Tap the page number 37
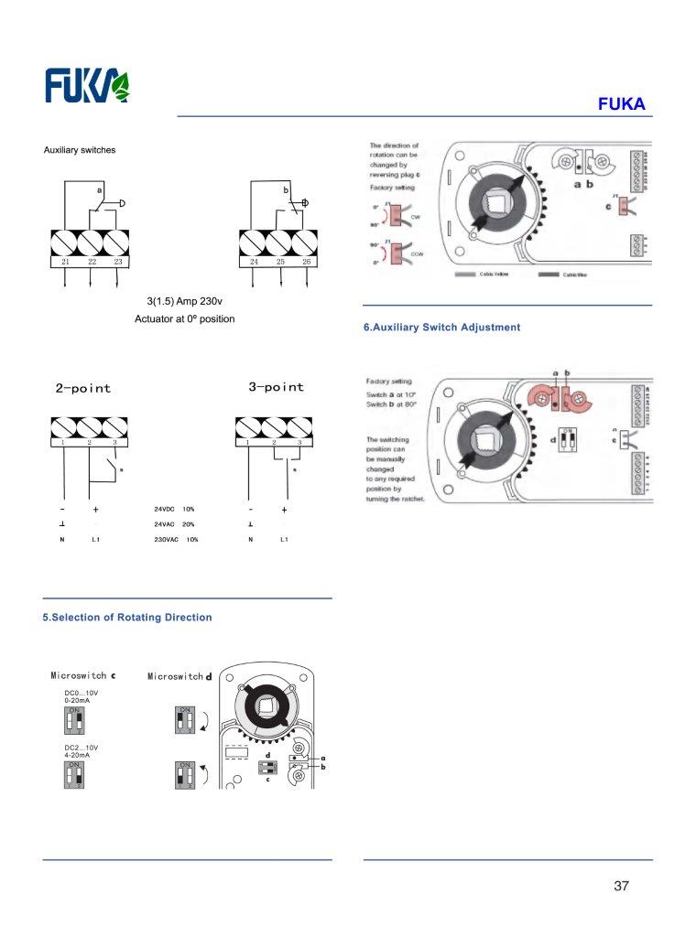coord(622,886)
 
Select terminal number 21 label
coord(65,262)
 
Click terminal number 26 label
coord(306,262)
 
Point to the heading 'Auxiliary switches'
coord(80,150)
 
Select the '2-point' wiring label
coord(82,388)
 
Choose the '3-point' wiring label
coord(276,387)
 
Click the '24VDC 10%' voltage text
coord(175,508)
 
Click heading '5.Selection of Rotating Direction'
coord(127,618)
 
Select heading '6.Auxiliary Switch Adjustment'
coord(441,327)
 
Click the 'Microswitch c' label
coord(82,675)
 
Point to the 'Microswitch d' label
coord(179,676)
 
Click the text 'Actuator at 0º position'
coord(184,319)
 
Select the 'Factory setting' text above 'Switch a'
coord(388,381)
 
